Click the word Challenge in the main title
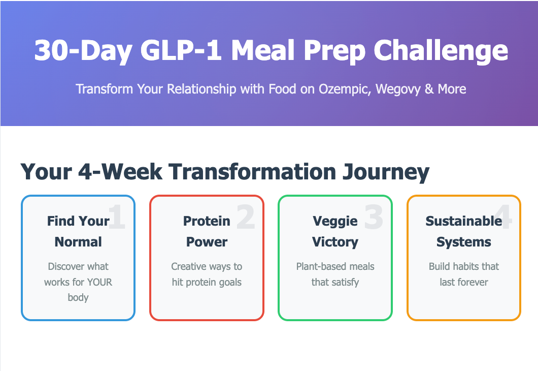(x=441, y=51)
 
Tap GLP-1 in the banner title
(x=181, y=50)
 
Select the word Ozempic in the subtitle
(x=345, y=89)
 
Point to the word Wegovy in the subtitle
(x=398, y=89)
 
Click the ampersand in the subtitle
(x=429, y=89)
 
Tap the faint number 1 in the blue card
(x=117, y=217)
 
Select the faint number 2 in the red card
(x=246, y=217)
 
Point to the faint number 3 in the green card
(x=374, y=217)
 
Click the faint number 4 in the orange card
(x=503, y=217)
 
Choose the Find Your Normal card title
(x=78, y=232)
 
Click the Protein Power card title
(x=207, y=232)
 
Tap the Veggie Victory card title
(x=335, y=232)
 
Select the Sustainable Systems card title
(x=464, y=232)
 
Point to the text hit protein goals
(x=207, y=283)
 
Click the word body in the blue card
(x=78, y=297)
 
